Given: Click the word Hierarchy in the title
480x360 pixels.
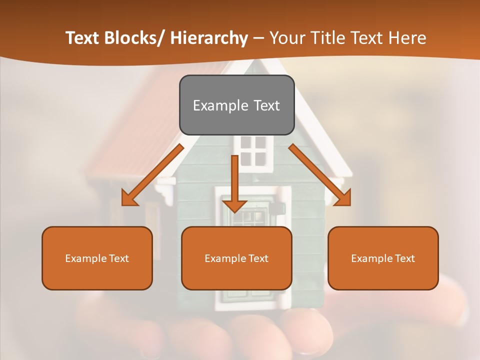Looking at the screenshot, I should [208, 38].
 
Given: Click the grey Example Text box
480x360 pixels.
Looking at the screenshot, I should [236, 105].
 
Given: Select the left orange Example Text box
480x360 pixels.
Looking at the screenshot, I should [97, 258].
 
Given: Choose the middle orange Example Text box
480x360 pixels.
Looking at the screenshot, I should [236, 258].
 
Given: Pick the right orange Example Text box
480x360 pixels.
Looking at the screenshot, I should [383, 258].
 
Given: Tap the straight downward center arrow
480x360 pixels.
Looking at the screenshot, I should [234, 182].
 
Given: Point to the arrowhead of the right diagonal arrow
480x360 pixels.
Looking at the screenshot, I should [343, 198].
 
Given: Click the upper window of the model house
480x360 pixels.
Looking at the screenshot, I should [253, 150].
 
